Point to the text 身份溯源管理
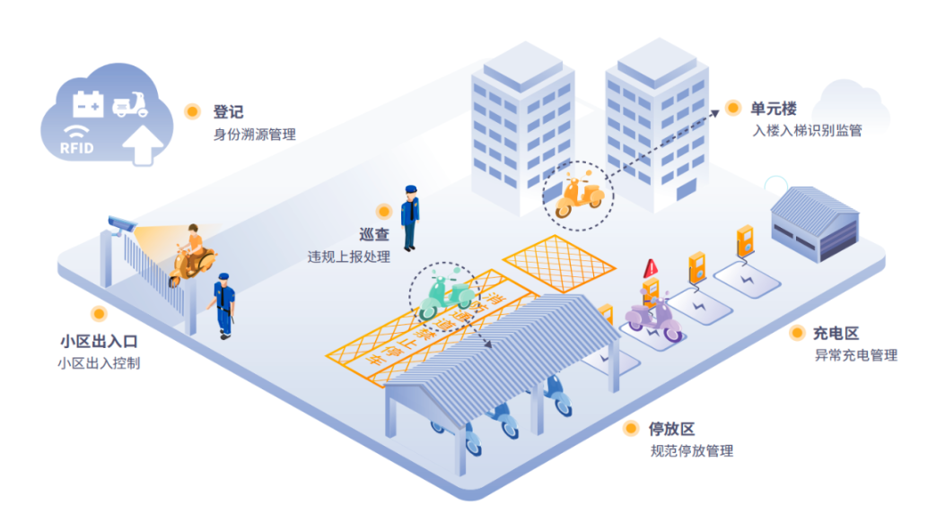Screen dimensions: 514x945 pos(253,135)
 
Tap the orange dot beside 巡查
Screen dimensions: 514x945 pos(384,212)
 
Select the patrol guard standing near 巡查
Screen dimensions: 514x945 pos(410,217)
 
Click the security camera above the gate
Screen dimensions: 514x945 pos(120,222)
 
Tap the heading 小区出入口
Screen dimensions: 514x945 pos(99,342)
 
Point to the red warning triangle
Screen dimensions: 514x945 pos(651,266)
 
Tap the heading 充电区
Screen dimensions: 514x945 pos(836,333)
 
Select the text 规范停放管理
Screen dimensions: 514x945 pos(691,451)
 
